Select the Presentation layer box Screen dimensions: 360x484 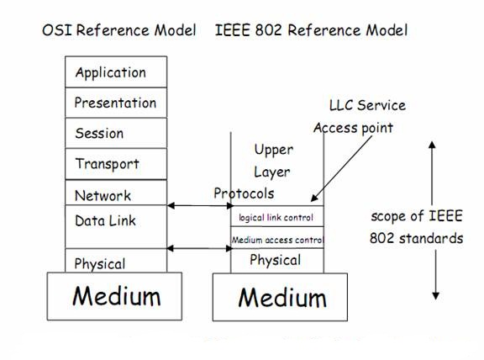click(x=115, y=103)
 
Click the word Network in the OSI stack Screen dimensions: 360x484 click(x=103, y=195)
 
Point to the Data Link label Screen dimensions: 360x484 click(x=105, y=220)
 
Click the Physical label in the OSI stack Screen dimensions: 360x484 click(x=100, y=263)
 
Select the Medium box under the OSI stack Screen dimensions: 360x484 click(x=116, y=296)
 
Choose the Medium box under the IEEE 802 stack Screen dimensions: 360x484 click(x=281, y=297)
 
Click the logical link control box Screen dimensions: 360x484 click(x=276, y=218)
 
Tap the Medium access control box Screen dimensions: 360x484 click(x=276, y=240)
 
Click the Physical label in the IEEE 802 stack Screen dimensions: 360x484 click(x=275, y=260)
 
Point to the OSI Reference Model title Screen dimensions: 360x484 click(x=118, y=30)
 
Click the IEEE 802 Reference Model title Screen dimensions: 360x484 click(x=311, y=30)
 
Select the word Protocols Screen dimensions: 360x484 click(x=244, y=193)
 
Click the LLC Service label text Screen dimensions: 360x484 click(x=367, y=105)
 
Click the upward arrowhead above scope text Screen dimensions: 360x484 click(x=434, y=145)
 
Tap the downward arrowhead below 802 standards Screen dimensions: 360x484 click(x=434, y=294)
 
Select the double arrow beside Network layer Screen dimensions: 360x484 click(x=199, y=205)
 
